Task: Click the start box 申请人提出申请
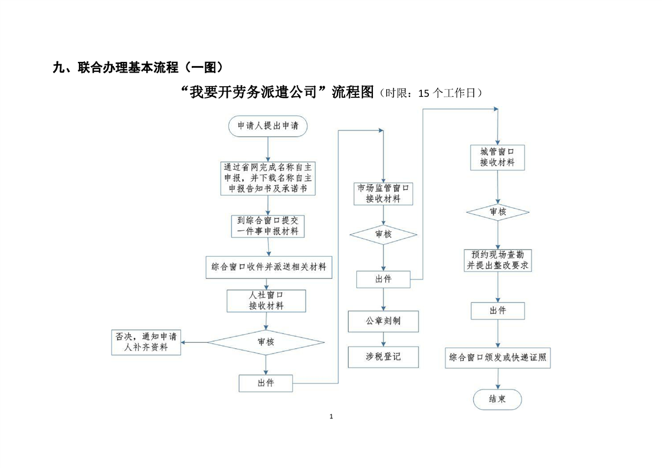(268, 126)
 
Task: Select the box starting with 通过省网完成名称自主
(268, 178)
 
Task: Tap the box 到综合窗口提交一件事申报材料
(268, 225)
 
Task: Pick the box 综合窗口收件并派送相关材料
(268, 267)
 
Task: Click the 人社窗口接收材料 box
(266, 300)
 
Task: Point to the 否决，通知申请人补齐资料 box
(146, 342)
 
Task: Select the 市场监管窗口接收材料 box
(383, 193)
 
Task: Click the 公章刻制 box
(383, 322)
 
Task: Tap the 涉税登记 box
(383, 356)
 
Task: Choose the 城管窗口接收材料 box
(497, 157)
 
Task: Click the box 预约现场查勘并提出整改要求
(497, 260)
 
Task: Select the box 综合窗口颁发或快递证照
(497, 358)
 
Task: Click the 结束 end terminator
(497, 399)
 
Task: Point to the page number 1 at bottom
(331, 417)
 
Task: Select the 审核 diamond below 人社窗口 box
(266, 342)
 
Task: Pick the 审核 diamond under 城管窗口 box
(497, 211)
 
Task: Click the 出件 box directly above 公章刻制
(383, 279)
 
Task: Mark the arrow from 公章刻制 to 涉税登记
(383, 339)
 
